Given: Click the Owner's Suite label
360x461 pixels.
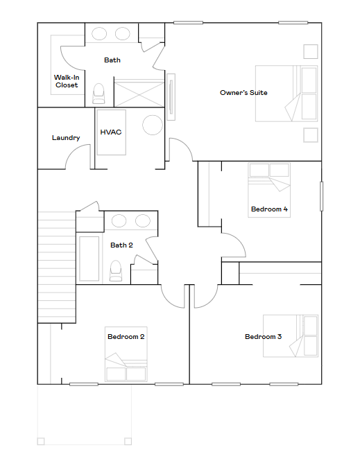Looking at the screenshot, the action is [243, 93].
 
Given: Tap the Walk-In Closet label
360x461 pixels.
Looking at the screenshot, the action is [67, 81].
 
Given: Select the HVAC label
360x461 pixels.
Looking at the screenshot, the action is [111, 132].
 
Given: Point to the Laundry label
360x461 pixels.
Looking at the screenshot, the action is [66, 137].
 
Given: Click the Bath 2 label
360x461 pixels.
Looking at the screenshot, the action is [121, 245].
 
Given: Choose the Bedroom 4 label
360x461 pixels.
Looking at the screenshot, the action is [269, 209].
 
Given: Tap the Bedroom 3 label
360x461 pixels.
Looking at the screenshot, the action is [263, 337].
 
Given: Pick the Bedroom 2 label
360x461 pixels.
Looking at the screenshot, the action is [126, 337].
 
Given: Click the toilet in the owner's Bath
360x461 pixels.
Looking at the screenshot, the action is [98, 94].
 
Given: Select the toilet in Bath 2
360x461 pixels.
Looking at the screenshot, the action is [116, 270].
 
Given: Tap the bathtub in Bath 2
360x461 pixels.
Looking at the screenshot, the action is [89, 259].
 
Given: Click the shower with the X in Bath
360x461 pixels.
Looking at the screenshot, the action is [139, 93].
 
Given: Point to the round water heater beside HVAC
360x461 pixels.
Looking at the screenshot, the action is [153, 125].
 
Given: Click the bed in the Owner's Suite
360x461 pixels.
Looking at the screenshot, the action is [286, 94].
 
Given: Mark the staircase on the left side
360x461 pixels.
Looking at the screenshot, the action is [57, 267].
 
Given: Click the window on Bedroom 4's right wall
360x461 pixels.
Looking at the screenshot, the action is [321, 196].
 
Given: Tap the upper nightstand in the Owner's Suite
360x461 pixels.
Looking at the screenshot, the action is [311, 52].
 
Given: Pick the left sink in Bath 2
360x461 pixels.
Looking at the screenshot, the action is [119, 221].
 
